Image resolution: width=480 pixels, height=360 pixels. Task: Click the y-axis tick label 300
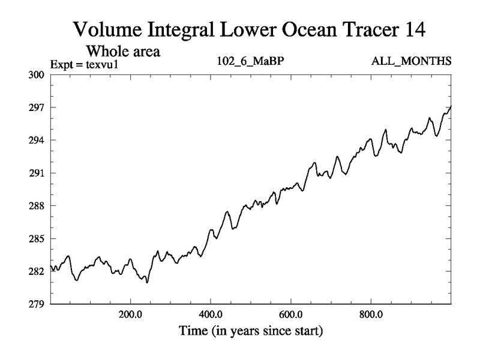click(x=37, y=75)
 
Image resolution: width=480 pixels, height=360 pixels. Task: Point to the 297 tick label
click(x=37, y=107)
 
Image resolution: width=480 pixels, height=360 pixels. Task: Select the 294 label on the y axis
click(x=37, y=140)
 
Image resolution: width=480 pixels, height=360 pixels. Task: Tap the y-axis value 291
click(x=37, y=173)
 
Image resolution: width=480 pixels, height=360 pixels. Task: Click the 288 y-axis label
click(x=37, y=206)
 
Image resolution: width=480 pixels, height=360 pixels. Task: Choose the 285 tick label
click(x=37, y=239)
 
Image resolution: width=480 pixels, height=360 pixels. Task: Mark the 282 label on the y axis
click(x=37, y=271)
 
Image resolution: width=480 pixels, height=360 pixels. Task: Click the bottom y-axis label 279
click(x=37, y=304)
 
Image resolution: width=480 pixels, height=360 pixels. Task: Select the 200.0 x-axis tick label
click(x=130, y=314)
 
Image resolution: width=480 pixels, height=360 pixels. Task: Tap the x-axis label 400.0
click(x=211, y=314)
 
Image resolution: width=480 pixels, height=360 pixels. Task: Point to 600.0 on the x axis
click(x=291, y=314)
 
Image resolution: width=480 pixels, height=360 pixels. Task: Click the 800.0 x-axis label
click(x=371, y=314)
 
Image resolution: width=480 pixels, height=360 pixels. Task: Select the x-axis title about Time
click(x=250, y=330)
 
